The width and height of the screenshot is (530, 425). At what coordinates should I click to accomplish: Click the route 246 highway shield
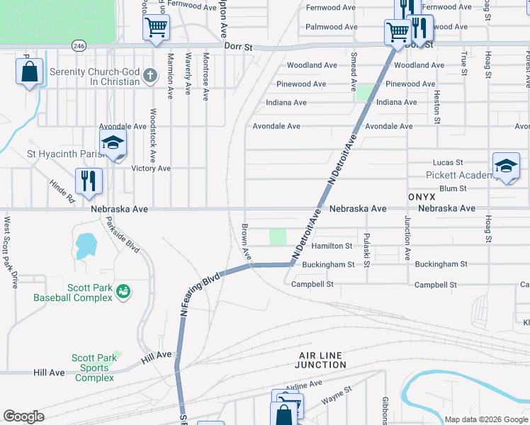78,45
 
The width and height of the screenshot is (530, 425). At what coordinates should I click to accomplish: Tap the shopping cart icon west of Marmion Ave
156,28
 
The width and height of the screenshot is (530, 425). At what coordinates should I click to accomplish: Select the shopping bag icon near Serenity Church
29,72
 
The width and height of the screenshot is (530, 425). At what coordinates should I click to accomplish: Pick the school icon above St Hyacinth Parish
113,143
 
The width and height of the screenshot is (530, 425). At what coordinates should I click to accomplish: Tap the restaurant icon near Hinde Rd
89,181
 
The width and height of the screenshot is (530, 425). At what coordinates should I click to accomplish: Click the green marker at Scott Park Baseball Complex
123,291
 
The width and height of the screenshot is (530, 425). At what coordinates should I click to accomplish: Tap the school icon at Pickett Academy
505,166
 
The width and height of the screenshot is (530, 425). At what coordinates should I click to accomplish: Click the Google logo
23,416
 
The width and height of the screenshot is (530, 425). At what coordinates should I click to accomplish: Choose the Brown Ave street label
246,242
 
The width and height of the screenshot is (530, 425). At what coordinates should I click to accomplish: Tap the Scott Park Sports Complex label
94,368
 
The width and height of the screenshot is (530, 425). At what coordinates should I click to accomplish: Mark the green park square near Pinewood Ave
365,92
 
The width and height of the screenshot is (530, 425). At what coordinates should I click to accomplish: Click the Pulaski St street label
366,250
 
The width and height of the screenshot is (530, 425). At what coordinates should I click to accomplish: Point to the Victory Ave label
151,169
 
